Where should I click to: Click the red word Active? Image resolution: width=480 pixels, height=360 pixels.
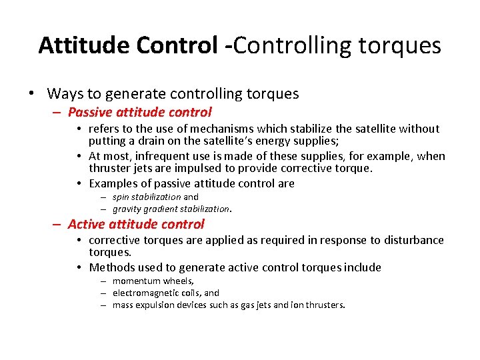[x=88, y=224]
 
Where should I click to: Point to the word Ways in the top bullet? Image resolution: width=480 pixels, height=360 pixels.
[x=65, y=93]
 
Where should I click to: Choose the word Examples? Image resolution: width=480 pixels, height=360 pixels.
[x=115, y=183]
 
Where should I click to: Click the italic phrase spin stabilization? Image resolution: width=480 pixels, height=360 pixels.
[x=146, y=197]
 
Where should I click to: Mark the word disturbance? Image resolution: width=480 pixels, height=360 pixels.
[x=411, y=240]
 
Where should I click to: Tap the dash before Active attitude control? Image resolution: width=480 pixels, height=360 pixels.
[x=57, y=225]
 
